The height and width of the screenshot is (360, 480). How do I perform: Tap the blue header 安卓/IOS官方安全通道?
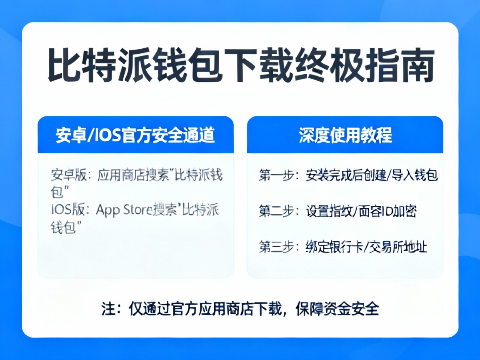pyautogui.click(x=135, y=135)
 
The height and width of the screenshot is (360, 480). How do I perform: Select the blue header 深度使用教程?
pyautogui.click(x=345, y=135)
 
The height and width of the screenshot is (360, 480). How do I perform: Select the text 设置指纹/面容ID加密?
pyautogui.click(x=361, y=211)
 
